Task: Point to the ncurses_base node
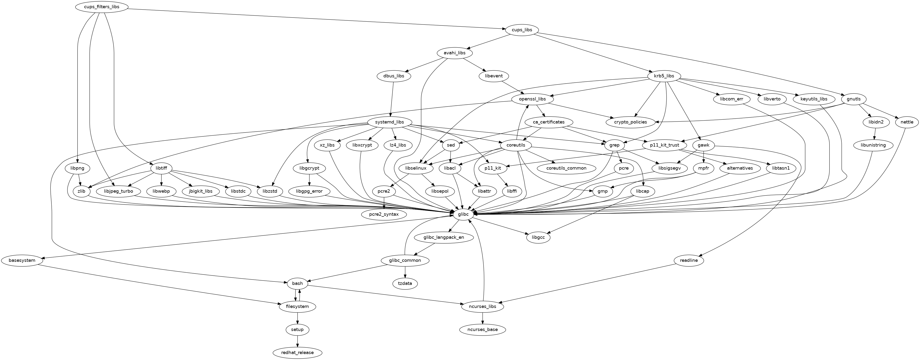483,329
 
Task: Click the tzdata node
405,283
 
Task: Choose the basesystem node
22,260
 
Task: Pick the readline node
689,260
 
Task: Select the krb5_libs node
664,76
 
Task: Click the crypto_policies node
631,122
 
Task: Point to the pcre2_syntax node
384,214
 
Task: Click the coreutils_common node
566,168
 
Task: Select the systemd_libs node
390,122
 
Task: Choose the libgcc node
538,238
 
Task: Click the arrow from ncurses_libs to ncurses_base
483,318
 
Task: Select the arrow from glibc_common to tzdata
405,272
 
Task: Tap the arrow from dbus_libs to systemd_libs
392,99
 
